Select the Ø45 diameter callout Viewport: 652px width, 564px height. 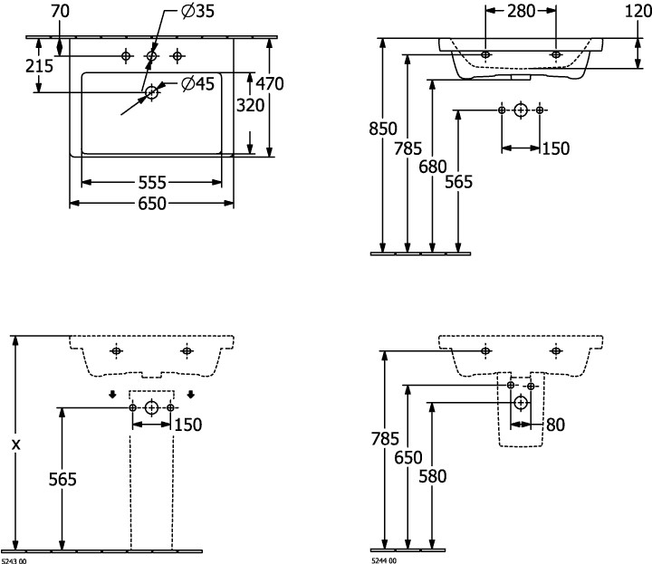click(x=197, y=84)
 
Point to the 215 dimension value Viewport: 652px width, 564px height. click(x=40, y=66)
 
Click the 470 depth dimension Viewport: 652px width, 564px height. click(x=269, y=83)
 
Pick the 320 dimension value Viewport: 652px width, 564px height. click(x=251, y=104)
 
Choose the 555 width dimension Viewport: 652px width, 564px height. click(x=152, y=182)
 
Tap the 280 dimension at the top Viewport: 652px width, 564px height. click(x=522, y=11)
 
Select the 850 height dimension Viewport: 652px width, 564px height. click(x=383, y=129)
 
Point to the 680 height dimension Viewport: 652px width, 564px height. click(x=434, y=166)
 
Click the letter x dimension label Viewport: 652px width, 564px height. click(x=14, y=445)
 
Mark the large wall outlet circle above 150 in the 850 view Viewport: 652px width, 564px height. click(x=521, y=110)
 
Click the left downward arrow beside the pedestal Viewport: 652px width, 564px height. click(x=112, y=394)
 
